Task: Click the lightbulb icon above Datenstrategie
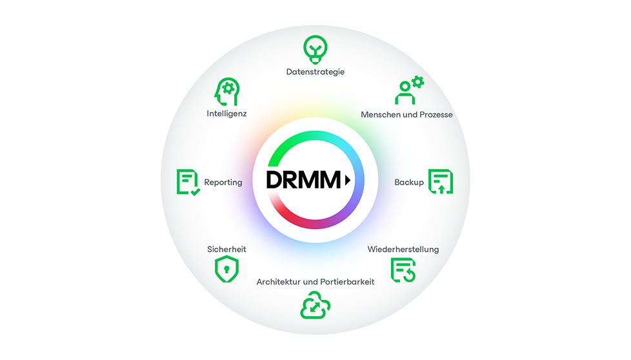(x=315, y=48)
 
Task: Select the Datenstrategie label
(x=315, y=72)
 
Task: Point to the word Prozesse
(x=435, y=115)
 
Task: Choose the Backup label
(x=409, y=183)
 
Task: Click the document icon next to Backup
(x=441, y=182)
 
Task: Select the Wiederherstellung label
(x=403, y=249)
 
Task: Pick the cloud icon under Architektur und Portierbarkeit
(x=315, y=306)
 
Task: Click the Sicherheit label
(x=226, y=249)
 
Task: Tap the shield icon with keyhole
(x=226, y=269)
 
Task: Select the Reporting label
(x=223, y=183)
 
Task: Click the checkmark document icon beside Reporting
(x=187, y=183)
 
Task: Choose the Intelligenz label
(x=226, y=114)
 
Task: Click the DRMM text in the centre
(x=303, y=181)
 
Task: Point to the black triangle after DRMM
(x=348, y=181)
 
